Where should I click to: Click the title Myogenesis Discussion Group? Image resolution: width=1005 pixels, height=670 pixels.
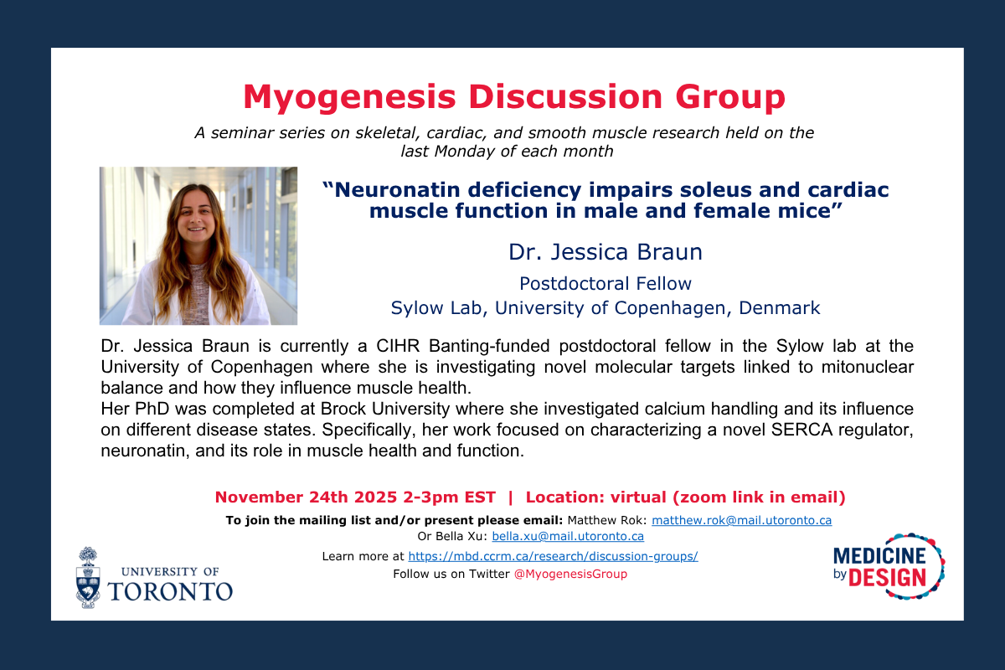514,97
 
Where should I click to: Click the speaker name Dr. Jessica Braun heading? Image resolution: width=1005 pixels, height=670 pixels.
605,251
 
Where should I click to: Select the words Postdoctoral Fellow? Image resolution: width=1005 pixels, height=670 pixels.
605,283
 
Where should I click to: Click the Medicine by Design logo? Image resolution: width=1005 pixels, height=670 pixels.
889,566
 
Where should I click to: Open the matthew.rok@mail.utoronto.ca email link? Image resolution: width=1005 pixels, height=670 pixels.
741,520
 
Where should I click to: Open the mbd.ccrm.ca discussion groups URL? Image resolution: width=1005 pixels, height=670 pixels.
553,556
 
